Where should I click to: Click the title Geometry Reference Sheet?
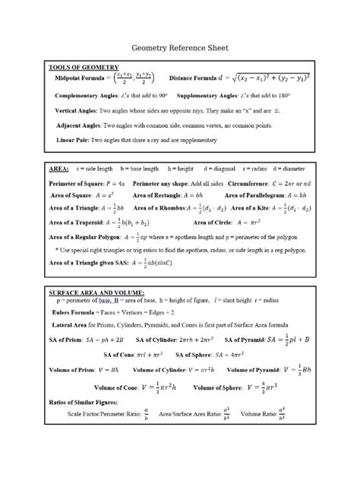(x=179, y=47)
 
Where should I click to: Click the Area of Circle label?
(x=211, y=223)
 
